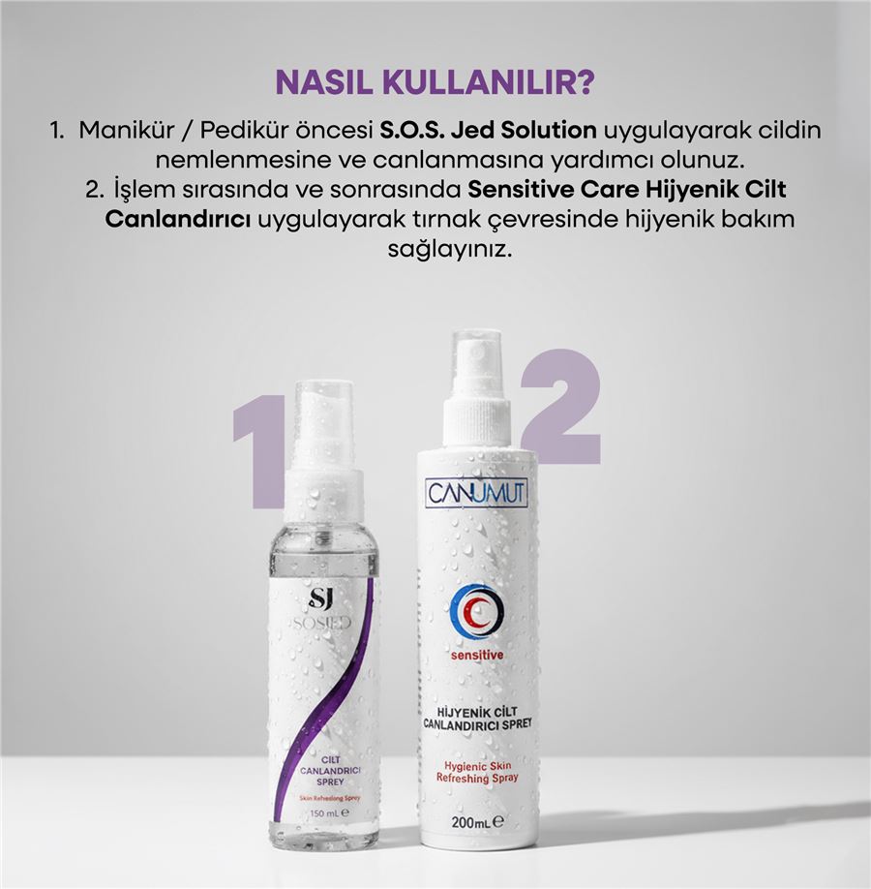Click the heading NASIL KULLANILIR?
[x=435, y=82]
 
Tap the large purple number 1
[x=259, y=450]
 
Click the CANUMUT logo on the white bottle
[x=476, y=494]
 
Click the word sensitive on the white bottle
[x=476, y=656]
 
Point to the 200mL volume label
[x=475, y=824]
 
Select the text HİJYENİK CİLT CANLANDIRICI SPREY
[x=475, y=718]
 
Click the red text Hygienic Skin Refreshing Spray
[x=475, y=771]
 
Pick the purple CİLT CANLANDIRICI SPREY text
[x=319, y=772]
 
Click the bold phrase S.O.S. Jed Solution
[x=475, y=130]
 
